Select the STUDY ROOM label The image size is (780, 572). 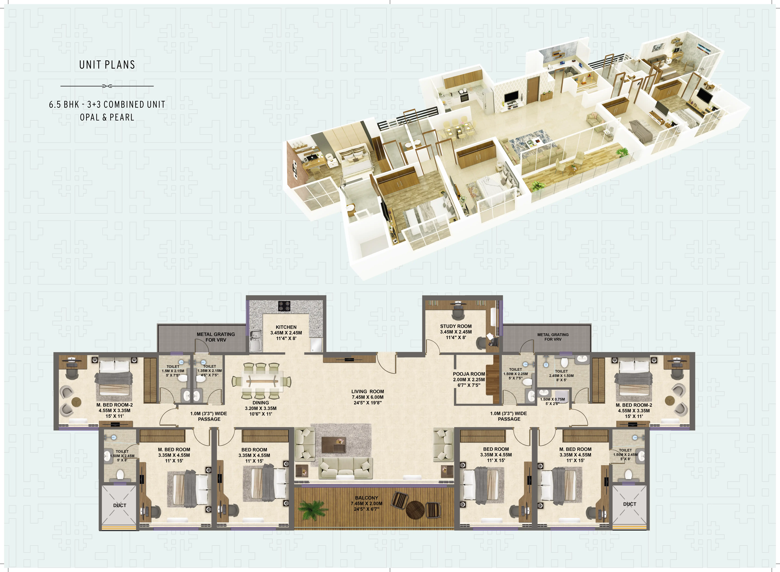tap(456, 326)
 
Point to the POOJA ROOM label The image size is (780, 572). tap(469, 374)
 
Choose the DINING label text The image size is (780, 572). tap(261, 403)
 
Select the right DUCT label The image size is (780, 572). tap(629, 504)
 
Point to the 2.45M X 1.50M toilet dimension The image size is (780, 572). tap(561, 376)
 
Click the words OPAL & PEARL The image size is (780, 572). tap(107, 117)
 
